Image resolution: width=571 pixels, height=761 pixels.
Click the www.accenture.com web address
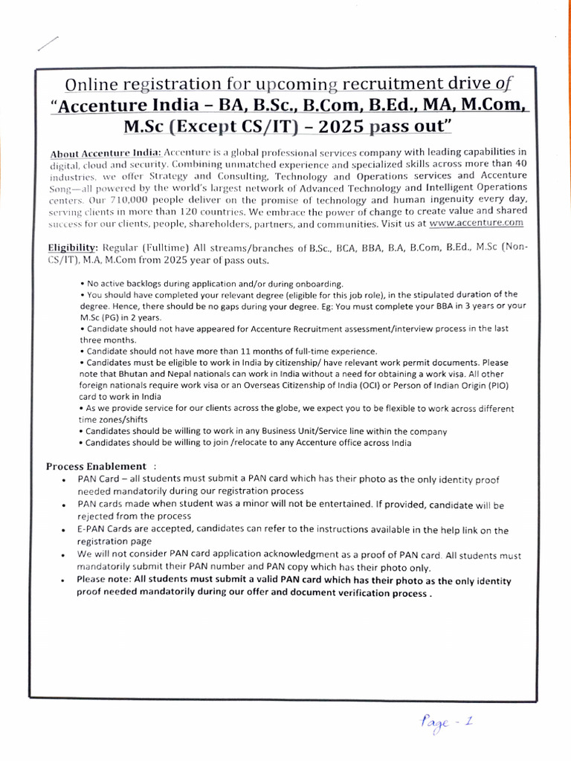(x=477, y=222)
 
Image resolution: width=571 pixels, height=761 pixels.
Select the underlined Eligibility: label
(x=72, y=247)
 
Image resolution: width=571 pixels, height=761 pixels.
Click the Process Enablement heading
(x=97, y=466)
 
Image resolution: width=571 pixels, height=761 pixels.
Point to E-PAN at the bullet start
(x=91, y=530)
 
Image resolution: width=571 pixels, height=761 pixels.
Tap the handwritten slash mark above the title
(x=47, y=43)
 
